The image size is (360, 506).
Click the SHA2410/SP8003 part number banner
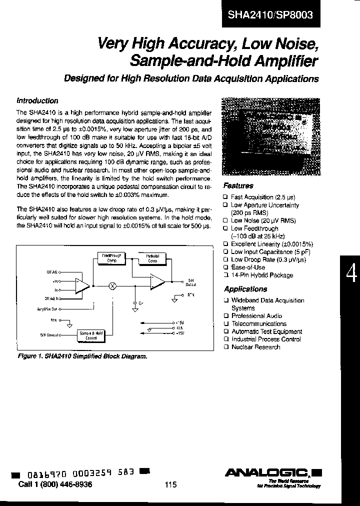point(270,14)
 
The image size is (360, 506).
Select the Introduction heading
point(37,100)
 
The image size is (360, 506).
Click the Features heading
point(238,185)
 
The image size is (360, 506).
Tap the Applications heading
point(245,289)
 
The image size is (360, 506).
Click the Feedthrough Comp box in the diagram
point(111,257)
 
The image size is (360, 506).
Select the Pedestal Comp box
point(152,258)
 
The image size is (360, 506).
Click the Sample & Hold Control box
point(91,335)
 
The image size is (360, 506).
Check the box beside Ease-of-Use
point(226,267)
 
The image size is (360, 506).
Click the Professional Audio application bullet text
point(256,316)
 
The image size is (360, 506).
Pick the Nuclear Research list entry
point(255,347)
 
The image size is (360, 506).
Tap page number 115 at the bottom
point(170,484)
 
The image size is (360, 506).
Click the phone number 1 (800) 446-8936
point(55,484)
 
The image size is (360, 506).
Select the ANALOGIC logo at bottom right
point(273,472)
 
